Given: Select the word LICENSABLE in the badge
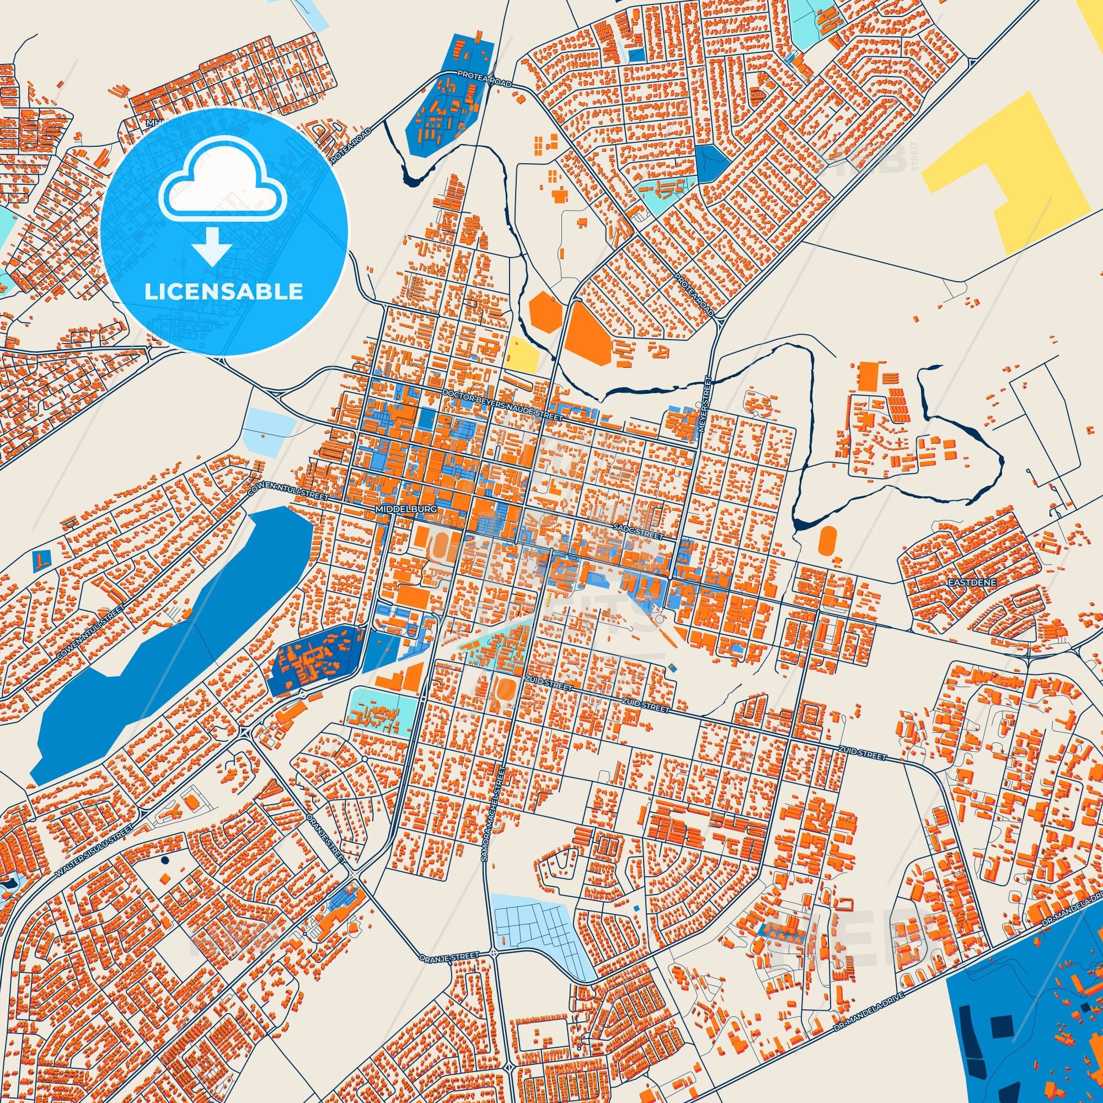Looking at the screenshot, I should [223, 292].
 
